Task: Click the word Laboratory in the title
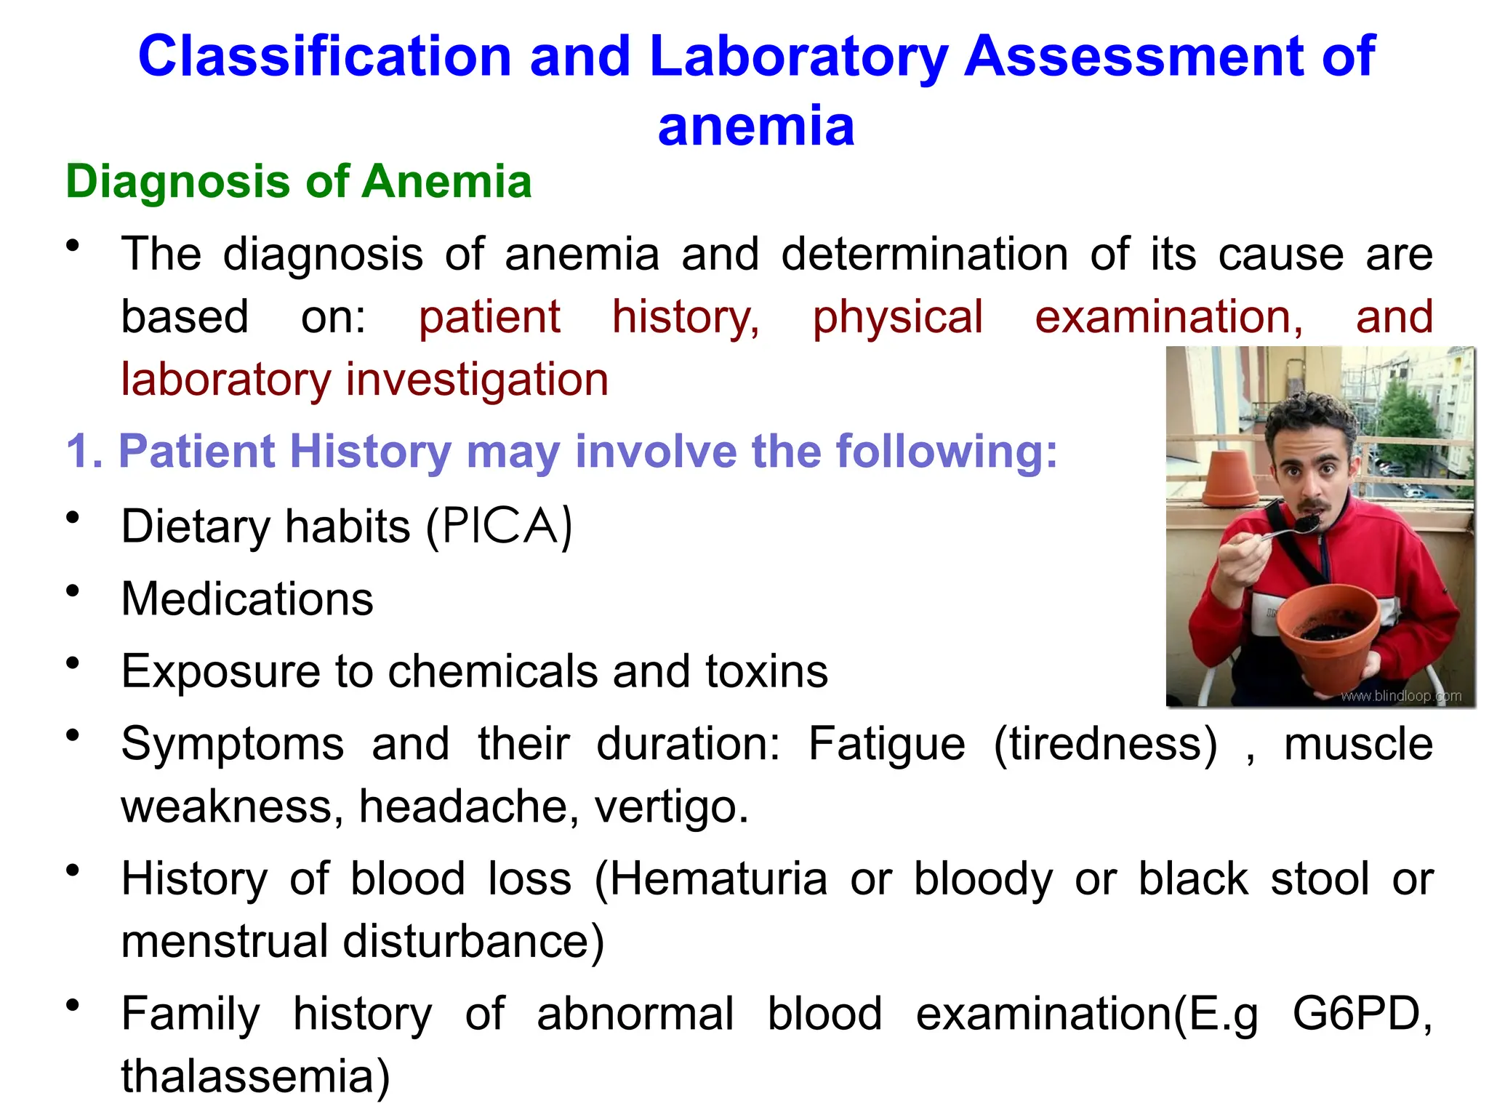click(798, 57)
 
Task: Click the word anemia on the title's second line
click(756, 127)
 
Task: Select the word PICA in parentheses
click(499, 526)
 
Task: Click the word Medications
click(247, 599)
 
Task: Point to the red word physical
click(898, 318)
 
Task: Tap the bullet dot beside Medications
click(72, 591)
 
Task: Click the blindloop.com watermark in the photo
click(1401, 696)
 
